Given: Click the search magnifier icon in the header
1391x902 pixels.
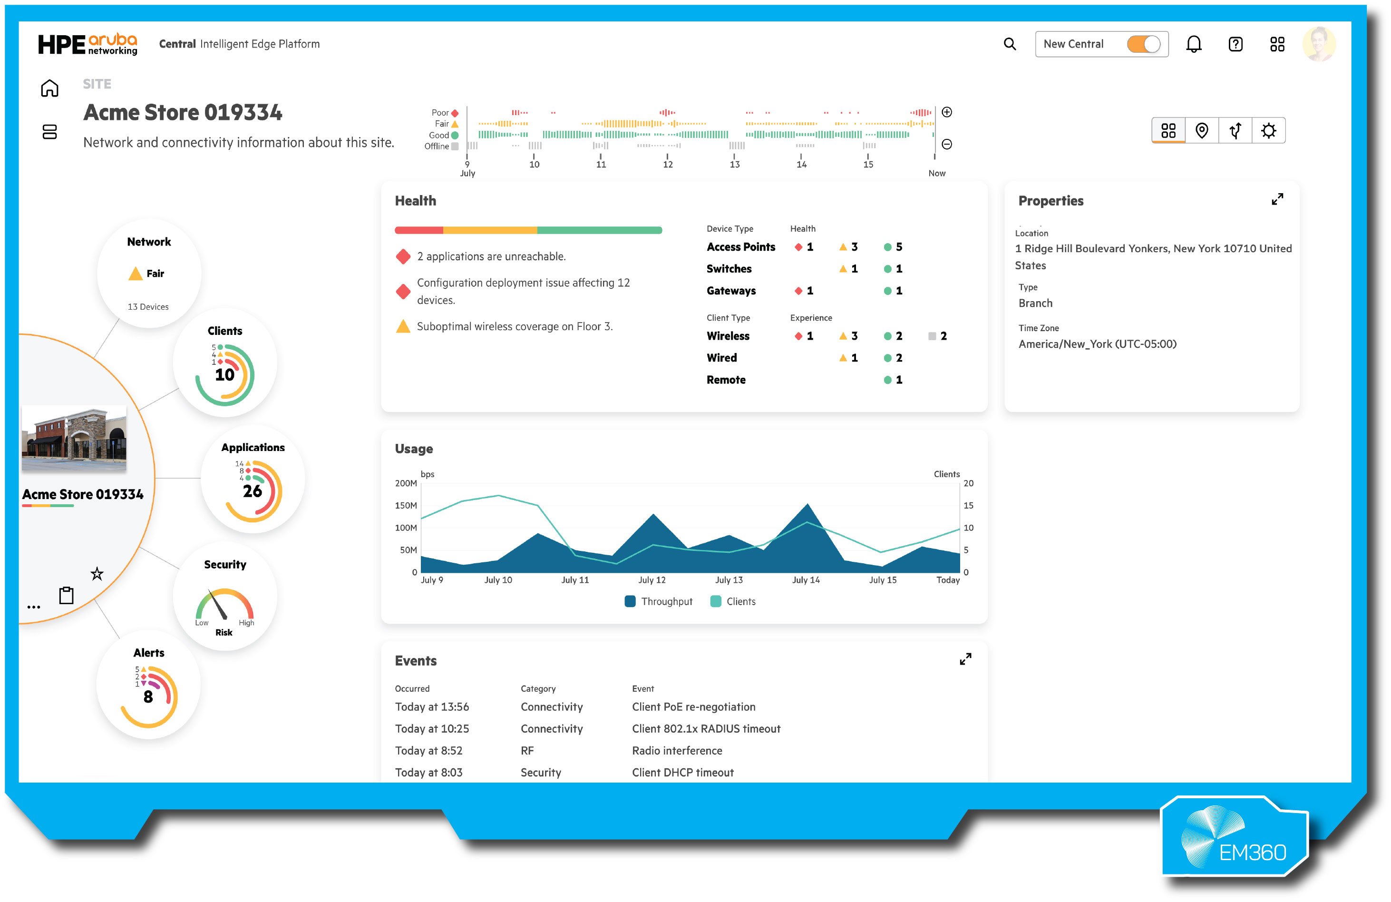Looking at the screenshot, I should pos(1009,44).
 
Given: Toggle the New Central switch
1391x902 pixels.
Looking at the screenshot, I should pos(1143,44).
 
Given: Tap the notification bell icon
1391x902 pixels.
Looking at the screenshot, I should pos(1194,44).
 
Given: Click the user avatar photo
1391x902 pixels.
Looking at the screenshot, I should pos(1319,44).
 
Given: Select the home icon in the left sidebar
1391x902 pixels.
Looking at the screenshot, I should pos(49,88).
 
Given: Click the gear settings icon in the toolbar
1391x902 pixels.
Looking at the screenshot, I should pos(1268,130).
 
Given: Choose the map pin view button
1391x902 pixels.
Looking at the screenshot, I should pos(1202,130).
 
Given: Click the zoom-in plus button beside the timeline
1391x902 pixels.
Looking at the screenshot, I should pos(947,112).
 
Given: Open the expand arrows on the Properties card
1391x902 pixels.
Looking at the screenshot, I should pos(1277,199).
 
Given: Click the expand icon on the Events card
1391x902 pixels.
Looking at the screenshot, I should pos(965,659).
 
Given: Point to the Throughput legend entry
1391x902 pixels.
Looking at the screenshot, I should pos(659,601).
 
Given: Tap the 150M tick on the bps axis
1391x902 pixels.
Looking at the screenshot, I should pos(406,506).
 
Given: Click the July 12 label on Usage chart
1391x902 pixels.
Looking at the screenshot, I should pos(652,580).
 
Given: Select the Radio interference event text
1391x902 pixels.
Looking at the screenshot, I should pos(677,751).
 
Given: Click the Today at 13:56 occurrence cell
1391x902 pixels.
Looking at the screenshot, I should pos(432,707).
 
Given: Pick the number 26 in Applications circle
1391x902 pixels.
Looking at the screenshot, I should pos(253,491).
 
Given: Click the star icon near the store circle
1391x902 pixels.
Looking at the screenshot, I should pos(97,574).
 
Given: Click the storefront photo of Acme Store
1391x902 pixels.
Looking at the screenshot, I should pos(74,439).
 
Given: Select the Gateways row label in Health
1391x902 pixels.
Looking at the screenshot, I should pos(730,291).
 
